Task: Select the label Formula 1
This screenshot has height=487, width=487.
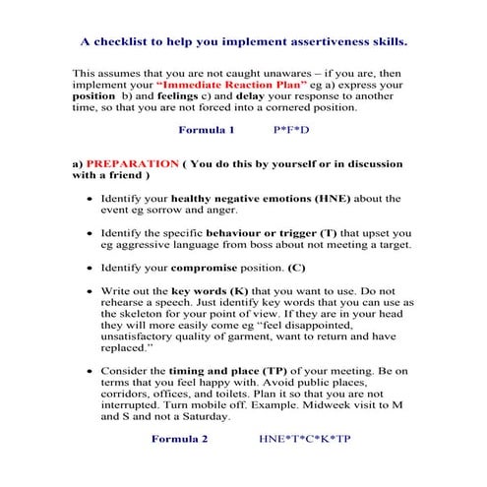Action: (x=206, y=129)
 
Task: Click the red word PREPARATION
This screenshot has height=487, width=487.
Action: (x=132, y=161)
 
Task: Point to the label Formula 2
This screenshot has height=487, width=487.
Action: (x=179, y=439)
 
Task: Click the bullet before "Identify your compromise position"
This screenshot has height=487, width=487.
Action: (x=91, y=269)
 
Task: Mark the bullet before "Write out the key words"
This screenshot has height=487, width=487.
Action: (x=91, y=293)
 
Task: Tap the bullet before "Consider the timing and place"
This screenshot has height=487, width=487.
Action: (x=91, y=372)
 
